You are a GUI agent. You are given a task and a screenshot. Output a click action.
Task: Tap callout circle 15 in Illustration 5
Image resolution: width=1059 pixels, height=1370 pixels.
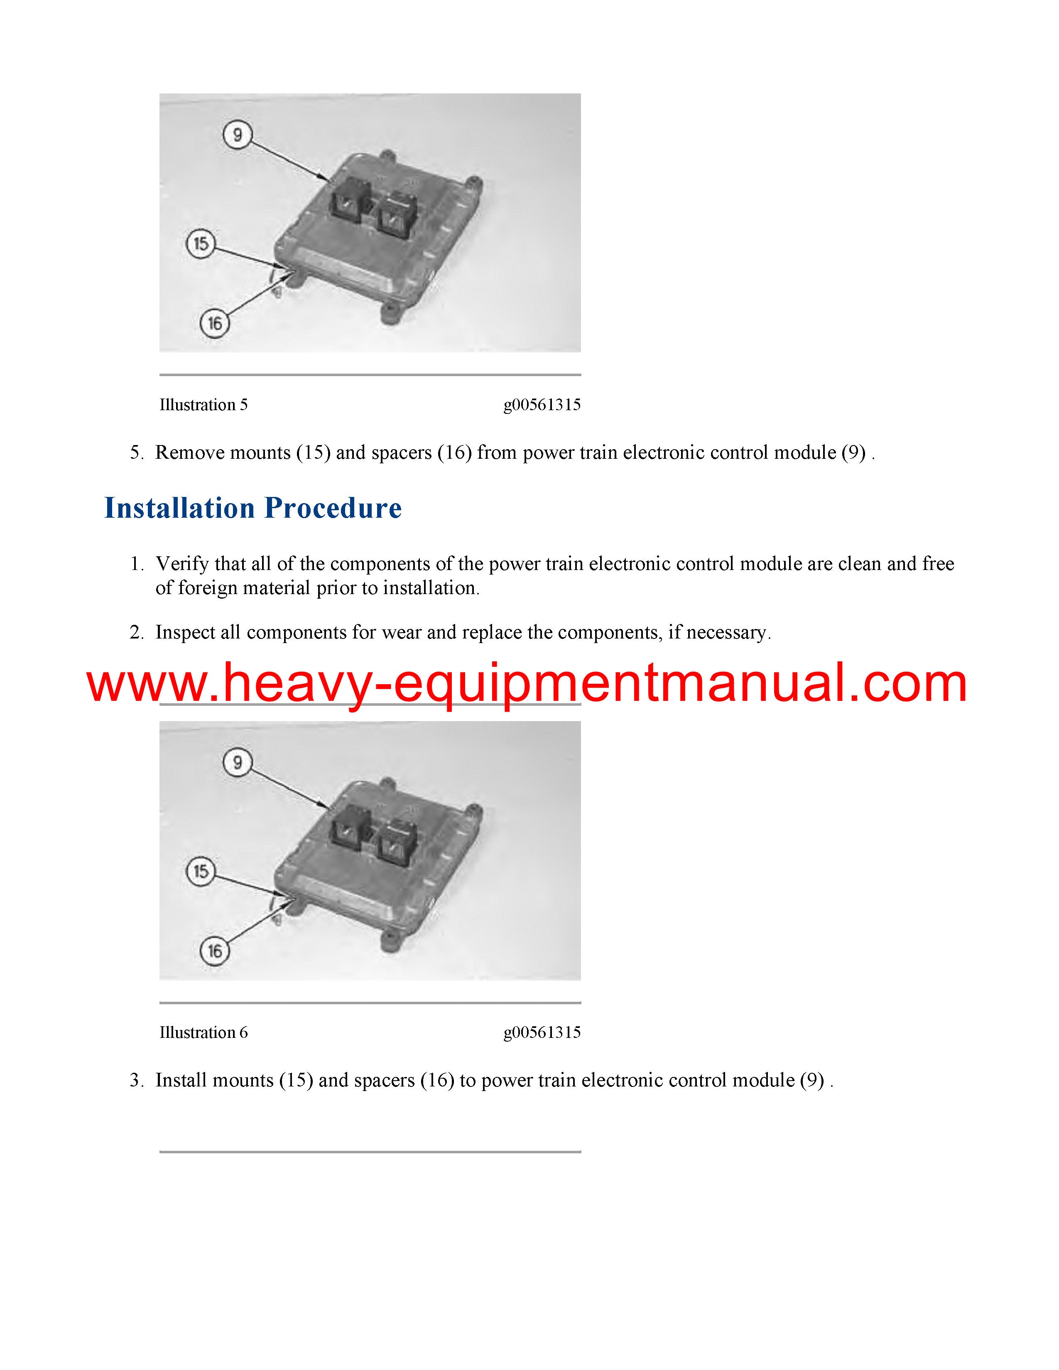pos(201,243)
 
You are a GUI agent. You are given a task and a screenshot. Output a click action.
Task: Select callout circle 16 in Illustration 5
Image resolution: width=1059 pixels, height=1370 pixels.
pos(215,324)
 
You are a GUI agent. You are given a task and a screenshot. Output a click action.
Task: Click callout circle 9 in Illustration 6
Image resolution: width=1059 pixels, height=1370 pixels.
pos(237,763)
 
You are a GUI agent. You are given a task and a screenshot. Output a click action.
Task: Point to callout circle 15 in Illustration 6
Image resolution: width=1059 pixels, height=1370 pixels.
pos(201,871)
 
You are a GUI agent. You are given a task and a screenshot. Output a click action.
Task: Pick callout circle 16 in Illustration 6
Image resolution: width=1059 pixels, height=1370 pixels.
pos(215,952)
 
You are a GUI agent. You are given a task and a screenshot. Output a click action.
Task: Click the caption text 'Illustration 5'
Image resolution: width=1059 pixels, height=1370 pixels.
pos(203,405)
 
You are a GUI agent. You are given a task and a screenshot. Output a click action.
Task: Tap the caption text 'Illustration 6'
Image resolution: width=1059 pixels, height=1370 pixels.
pos(203,1032)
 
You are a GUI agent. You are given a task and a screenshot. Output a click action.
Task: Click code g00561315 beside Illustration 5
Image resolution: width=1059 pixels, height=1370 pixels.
pos(542,405)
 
